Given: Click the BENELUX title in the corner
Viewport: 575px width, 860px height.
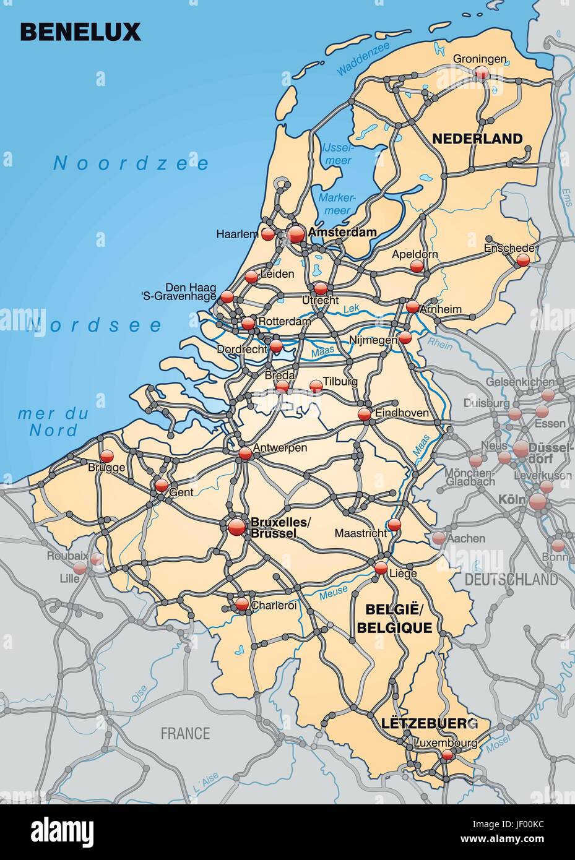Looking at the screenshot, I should tap(81, 32).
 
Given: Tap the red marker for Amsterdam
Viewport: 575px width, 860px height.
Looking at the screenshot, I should tap(296, 234).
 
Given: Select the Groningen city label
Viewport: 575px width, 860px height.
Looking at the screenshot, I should tap(480, 59).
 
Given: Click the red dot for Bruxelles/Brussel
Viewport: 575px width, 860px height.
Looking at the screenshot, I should tap(236, 527).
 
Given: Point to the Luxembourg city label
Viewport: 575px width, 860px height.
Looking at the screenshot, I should tap(446, 742).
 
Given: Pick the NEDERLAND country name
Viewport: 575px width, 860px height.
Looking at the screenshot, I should tap(477, 139).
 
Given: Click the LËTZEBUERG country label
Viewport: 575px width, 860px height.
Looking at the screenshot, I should tap(430, 723).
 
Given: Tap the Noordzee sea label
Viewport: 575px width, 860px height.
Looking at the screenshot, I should tap(131, 163).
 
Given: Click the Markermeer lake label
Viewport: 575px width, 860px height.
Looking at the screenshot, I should tap(335, 204).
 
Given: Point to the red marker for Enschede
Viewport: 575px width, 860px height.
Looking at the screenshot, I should tap(524, 260).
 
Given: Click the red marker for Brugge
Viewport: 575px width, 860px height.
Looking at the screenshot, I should tap(107, 456).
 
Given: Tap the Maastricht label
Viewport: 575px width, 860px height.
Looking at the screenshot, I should tap(360, 533).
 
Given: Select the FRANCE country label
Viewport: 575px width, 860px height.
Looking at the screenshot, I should tap(185, 734).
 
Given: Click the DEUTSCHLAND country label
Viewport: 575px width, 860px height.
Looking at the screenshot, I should tap(511, 580).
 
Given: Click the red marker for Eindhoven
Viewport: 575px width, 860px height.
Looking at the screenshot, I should tap(365, 413).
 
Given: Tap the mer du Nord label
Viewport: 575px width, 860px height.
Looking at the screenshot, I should tap(53, 422).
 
